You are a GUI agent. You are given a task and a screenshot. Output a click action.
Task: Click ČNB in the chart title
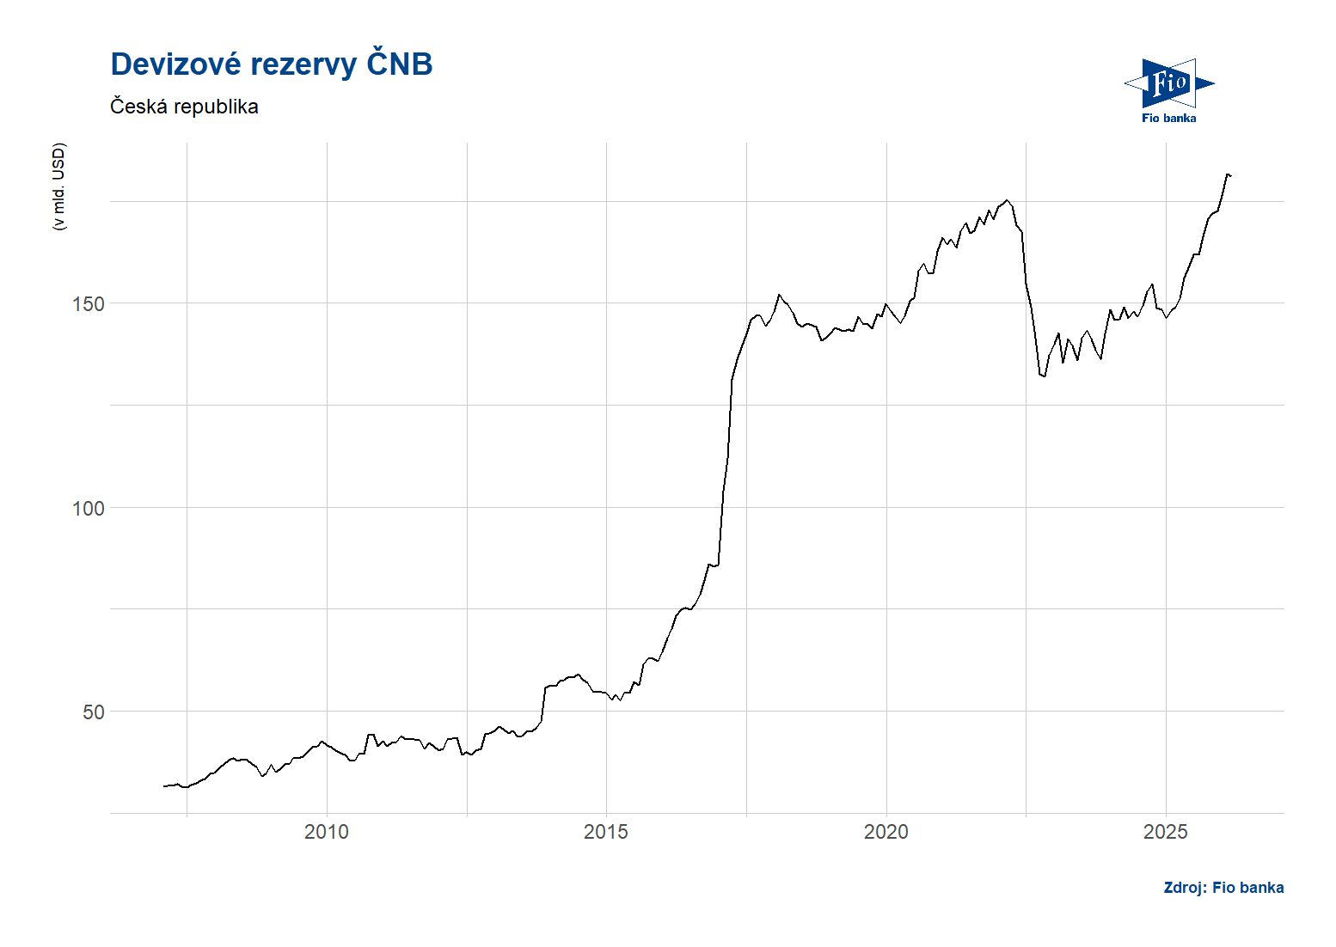point(399,64)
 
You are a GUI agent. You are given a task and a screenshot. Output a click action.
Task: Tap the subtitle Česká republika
point(184,107)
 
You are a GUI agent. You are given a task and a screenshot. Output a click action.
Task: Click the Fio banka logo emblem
point(1168,83)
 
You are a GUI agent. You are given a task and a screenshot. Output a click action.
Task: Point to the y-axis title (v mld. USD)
point(58,186)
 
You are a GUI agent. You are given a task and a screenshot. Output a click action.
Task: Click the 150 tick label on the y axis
point(88,304)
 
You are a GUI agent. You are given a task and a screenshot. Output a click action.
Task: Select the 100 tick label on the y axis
point(88,508)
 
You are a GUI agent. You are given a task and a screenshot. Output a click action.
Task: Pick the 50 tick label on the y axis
point(93,712)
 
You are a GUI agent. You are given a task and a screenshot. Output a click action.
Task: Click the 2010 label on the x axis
point(327,832)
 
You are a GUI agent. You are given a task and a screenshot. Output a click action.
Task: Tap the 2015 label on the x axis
point(606,832)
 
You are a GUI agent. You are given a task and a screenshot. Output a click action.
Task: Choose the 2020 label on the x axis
point(886,832)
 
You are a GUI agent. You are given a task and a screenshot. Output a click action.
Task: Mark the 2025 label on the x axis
point(1165,832)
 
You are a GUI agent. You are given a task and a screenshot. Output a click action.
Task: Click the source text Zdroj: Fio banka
point(1223,888)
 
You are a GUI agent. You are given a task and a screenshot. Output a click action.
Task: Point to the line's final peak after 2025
point(1228,174)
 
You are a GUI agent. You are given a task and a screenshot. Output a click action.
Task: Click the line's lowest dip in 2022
point(1043,376)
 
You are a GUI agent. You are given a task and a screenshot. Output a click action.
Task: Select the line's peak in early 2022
point(1008,200)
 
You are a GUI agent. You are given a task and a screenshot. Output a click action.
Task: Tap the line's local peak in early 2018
point(779,295)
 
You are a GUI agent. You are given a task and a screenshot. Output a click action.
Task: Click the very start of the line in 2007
point(164,786)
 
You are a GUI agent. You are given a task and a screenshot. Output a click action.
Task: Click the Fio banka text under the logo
point(1168,119)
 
